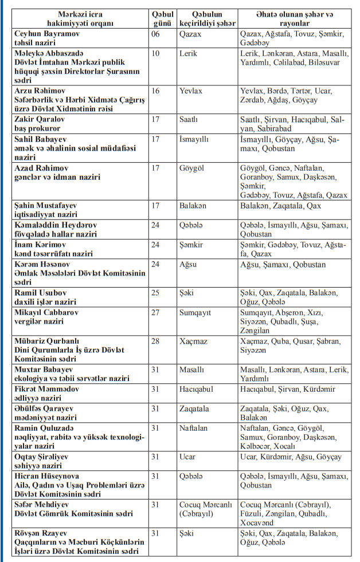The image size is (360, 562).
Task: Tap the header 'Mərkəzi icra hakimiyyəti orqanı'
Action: (78, 19)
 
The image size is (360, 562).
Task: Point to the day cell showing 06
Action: (155, 34)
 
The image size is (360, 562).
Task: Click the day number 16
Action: (155, 91)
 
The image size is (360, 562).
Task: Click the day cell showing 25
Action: (155, 293)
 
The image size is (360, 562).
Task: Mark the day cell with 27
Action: (155, 313)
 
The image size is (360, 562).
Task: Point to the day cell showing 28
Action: (155, 341)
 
